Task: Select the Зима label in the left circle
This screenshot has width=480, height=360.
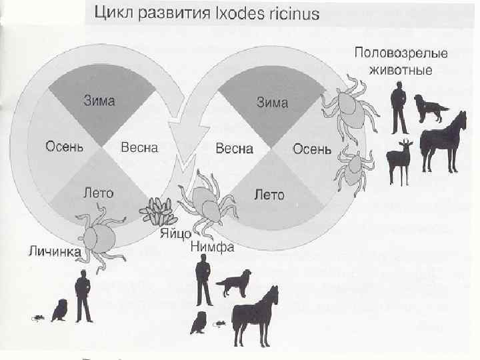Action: (x=99, y=101)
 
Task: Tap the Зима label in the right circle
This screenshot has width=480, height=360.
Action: (x=273, y=103)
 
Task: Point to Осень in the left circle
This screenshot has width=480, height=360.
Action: (x=63, y=147)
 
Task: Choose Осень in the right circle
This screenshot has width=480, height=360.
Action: (x=312, y=149)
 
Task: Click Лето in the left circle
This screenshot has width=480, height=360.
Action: (x=98, y=193)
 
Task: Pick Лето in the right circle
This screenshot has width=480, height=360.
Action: (x=269, y=195)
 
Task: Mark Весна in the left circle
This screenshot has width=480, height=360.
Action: (x=139, y=147)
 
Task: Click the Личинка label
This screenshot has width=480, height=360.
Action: (x=54, y=251)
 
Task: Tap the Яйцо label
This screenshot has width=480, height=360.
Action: (x=176, y=234)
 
